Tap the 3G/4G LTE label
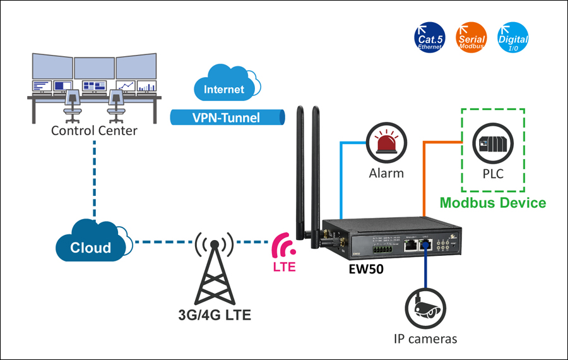[x=214, y=314]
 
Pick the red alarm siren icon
[x=386, y=143]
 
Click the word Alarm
[x=386, y=172]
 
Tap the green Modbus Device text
[x=492, y=203]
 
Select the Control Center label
[x=94, y=131]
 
